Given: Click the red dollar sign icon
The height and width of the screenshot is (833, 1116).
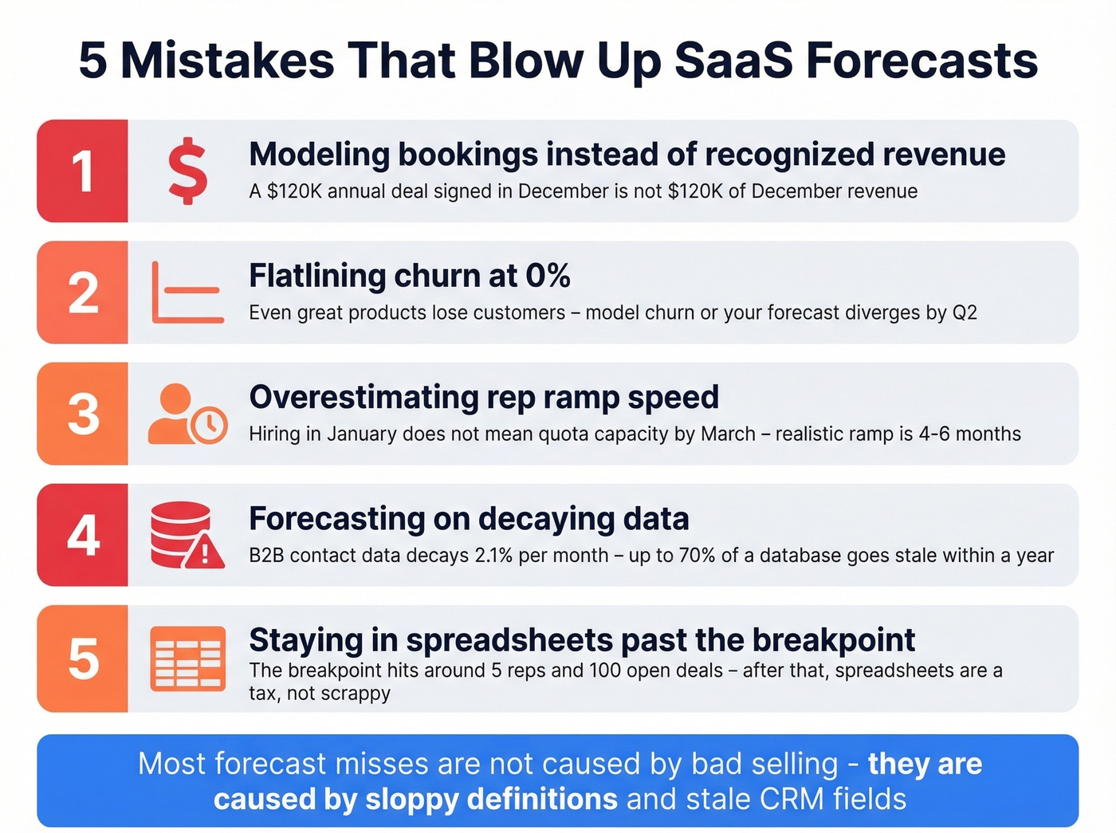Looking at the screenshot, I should tap(188, 171).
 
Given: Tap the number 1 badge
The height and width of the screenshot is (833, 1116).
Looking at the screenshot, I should tap(83, 171).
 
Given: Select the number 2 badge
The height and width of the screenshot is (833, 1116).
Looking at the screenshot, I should tap(83, 293).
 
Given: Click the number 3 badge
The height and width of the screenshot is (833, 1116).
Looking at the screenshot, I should tap(83, 414).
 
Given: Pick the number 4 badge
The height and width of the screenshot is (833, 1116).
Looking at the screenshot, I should tap(83, 535).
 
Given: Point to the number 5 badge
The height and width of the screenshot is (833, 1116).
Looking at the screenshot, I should tap(83, 658).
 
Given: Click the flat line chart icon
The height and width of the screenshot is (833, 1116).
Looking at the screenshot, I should tap(187, 293).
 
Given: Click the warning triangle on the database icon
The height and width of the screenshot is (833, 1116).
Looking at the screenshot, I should tap(205, 551).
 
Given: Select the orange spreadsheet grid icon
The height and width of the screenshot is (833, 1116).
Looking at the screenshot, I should tap(187, 658).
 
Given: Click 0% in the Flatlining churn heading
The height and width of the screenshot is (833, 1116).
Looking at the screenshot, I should tap(548, 276).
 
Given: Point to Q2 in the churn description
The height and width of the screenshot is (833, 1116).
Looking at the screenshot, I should tap(965, 312).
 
